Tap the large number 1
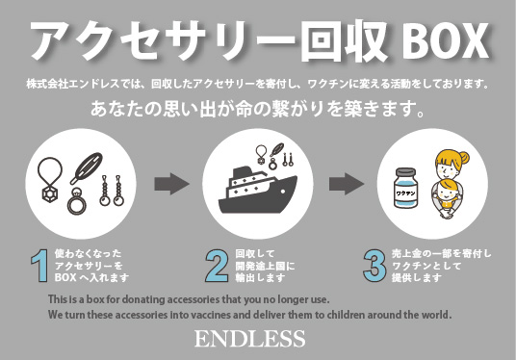pyautogui.click(x=38, y=266)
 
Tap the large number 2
pyautogui.click(x=216, y=267)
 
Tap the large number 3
pyautogui.click(x=374, y=266)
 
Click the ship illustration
pyautogui.click(x=257, y=191)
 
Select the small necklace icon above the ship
pyautogui.click(x=262, y=153)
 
